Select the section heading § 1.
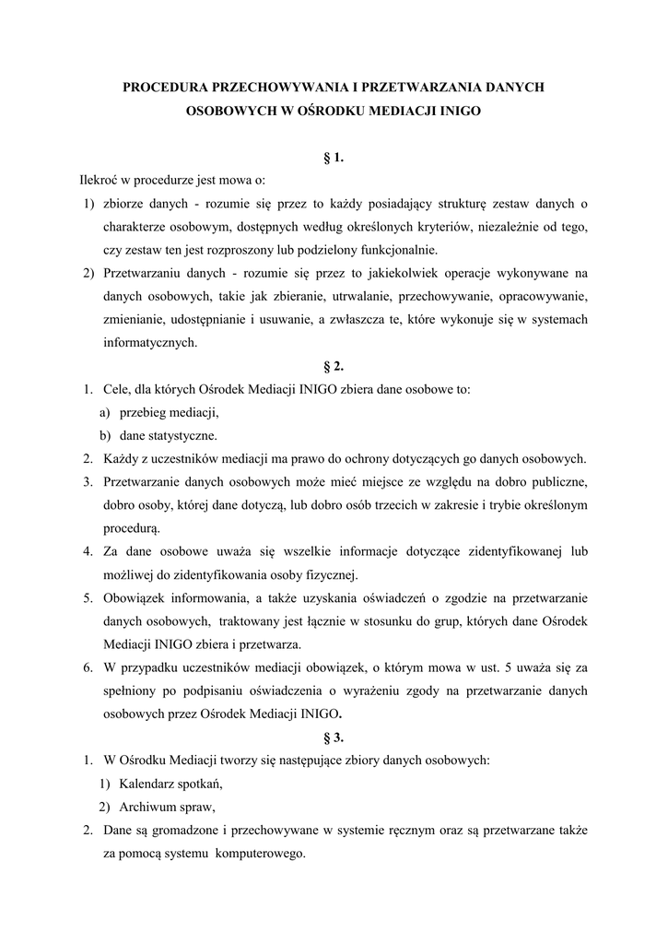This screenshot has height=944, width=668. click(334, 158)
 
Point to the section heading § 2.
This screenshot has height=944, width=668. click(334, 366)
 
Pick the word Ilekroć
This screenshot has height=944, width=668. click(100, 181)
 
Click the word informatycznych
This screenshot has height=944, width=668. click(149, 343)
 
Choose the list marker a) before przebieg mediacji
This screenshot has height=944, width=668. click(105, 412)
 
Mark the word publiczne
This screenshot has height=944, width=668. click(557, 482)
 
